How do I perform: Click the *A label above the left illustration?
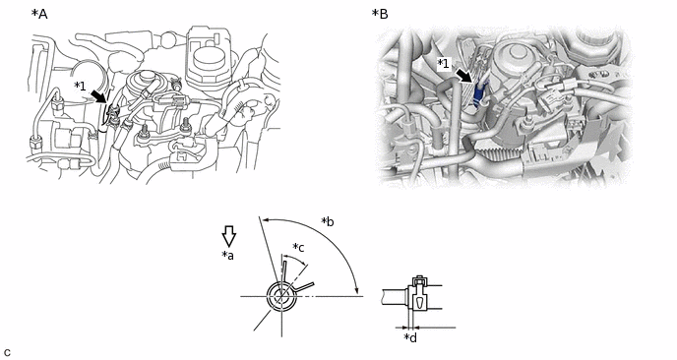[x=39, y=14]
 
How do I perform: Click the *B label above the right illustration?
[x=380, y=14]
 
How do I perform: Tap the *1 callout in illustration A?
[x=80, y=86]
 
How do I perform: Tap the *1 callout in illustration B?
[x=444, y=64]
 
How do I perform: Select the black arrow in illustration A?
[x=98, y=95]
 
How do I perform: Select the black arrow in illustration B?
[x=465, y=76]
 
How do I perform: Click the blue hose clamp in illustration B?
[x=479, y=97]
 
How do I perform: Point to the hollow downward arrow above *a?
[x=228, y=236]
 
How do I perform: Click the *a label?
[x=227, y=255]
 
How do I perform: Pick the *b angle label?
[x=328, y=221]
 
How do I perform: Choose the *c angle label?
[x=298, y=247]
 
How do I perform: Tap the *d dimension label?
[x=410, y=337]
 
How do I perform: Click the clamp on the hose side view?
[x=417, y=297]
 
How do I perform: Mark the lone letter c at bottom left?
[x=7, y=353]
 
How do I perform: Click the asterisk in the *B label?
[x=375, y=12]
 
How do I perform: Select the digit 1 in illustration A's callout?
[x=83, y=87]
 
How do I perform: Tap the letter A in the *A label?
[x=42, y=14]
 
